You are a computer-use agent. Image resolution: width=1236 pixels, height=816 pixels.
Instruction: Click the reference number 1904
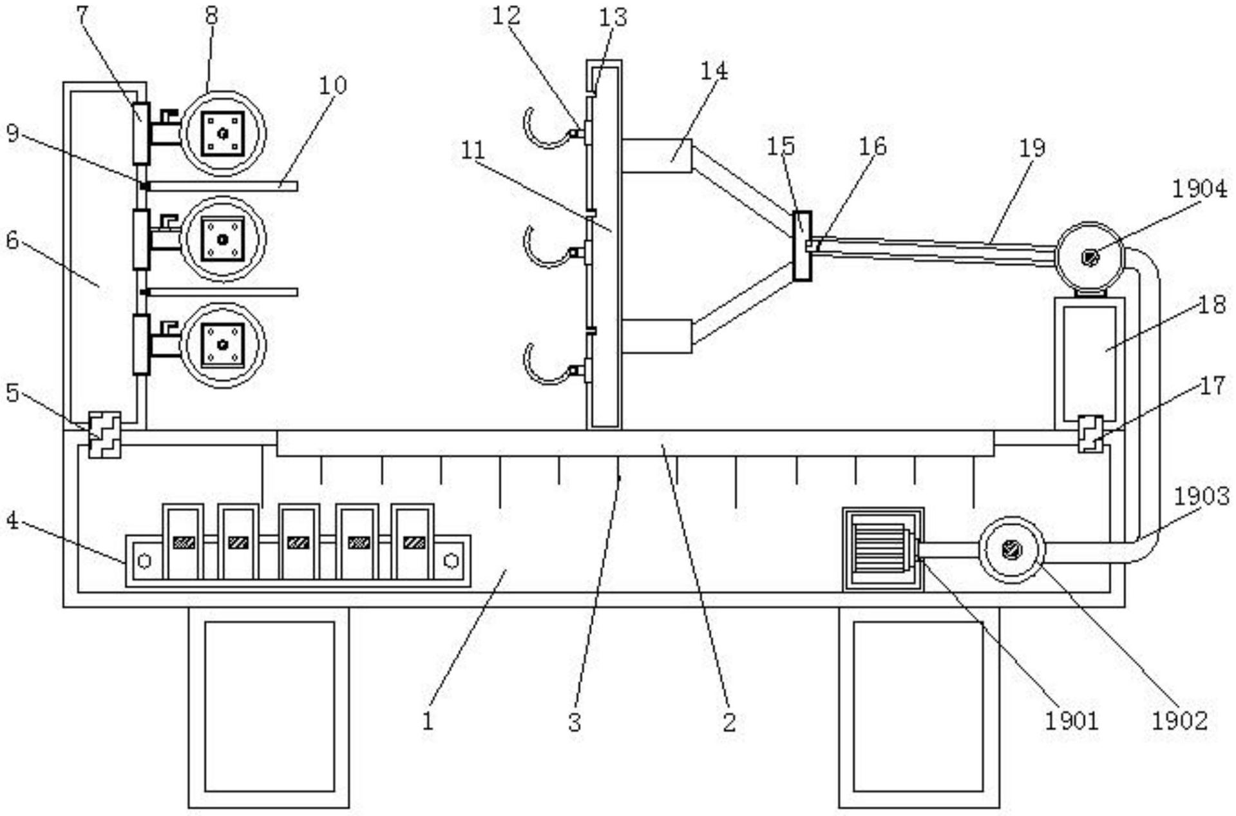[x=1199, y=189]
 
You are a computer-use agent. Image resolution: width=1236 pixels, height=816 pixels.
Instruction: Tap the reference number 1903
[x=1201, y=496]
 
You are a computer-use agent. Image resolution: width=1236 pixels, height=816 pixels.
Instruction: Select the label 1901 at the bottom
[x=1070, y=719]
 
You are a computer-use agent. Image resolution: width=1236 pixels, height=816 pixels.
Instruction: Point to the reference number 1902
[x=1179, y=719]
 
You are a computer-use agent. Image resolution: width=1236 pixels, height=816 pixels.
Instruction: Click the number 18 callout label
[x=1212, y=304]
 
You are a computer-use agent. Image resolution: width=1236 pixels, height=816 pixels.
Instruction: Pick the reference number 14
[x=713, y=70]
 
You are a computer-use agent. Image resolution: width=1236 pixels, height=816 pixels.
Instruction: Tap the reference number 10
[x=332, y=84]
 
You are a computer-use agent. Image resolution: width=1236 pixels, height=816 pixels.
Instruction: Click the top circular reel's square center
[x=223, y=133]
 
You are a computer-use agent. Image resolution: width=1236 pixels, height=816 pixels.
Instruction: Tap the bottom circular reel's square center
[x=223, y=344]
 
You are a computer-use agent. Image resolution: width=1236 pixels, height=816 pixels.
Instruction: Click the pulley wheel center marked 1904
[x=1089, y=257]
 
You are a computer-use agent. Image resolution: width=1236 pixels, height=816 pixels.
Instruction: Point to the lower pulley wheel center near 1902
[x=1012, y=550]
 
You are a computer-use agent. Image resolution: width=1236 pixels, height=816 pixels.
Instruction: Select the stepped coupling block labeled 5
[x=104, y=434]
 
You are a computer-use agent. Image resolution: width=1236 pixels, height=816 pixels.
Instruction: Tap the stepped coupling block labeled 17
[x=1090, y=434]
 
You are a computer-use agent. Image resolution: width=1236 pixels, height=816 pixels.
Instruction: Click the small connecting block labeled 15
[x=801, y=246]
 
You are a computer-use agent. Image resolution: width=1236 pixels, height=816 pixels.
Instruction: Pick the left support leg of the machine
[x=269, y=707]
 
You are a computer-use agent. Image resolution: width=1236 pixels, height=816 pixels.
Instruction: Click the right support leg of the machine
[x=918, y=707]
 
